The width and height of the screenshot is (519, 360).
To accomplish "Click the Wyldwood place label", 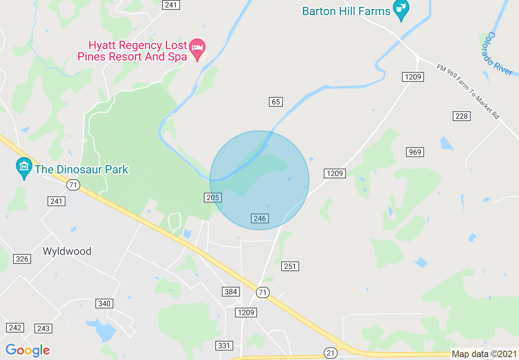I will coord(67,251).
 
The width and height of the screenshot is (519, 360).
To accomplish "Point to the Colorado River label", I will coord(499,54).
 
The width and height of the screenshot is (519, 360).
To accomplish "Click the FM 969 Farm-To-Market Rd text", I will coord(468,92).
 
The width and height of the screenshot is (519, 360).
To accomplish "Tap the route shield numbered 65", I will coord(276,102).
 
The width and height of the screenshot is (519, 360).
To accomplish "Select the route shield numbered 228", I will coord(461,116).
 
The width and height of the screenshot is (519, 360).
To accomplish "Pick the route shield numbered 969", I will coord(415,152).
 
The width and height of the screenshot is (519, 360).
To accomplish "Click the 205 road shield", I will coord(213,198).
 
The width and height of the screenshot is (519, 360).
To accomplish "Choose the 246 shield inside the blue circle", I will coord(260,218).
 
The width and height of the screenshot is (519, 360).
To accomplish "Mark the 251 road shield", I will coord(290,266).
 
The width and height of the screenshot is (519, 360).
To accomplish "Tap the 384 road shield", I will coord(231,292).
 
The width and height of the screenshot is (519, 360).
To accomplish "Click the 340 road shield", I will coord(104,304).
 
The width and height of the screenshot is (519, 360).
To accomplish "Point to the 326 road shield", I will coord(22,259).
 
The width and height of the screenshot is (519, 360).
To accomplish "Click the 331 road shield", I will coord(224,346).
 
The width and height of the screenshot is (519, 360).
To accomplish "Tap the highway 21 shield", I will coord(330,352).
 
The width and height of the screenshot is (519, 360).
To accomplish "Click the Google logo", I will coord(27,350).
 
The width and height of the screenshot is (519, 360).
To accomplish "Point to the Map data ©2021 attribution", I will coord(484,353).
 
